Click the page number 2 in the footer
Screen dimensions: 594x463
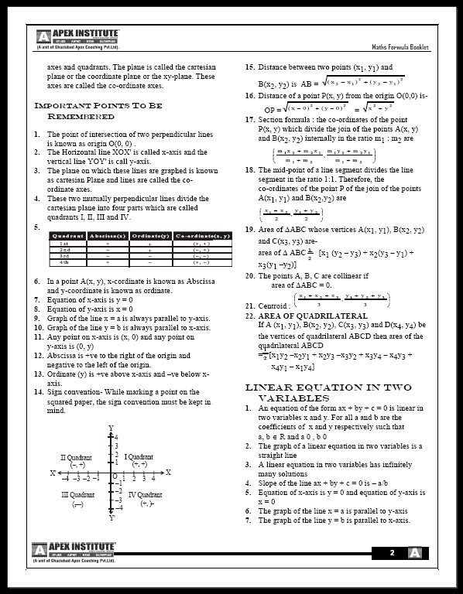tap(393, 553)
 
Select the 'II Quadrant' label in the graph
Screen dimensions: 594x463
tap(77, 457)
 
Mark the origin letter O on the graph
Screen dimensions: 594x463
tap(114, 476)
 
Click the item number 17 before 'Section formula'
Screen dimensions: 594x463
tap(249, 120)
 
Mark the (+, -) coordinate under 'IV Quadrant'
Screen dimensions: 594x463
tap(147, 504)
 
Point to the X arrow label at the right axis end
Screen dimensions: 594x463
tap(168, 472)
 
